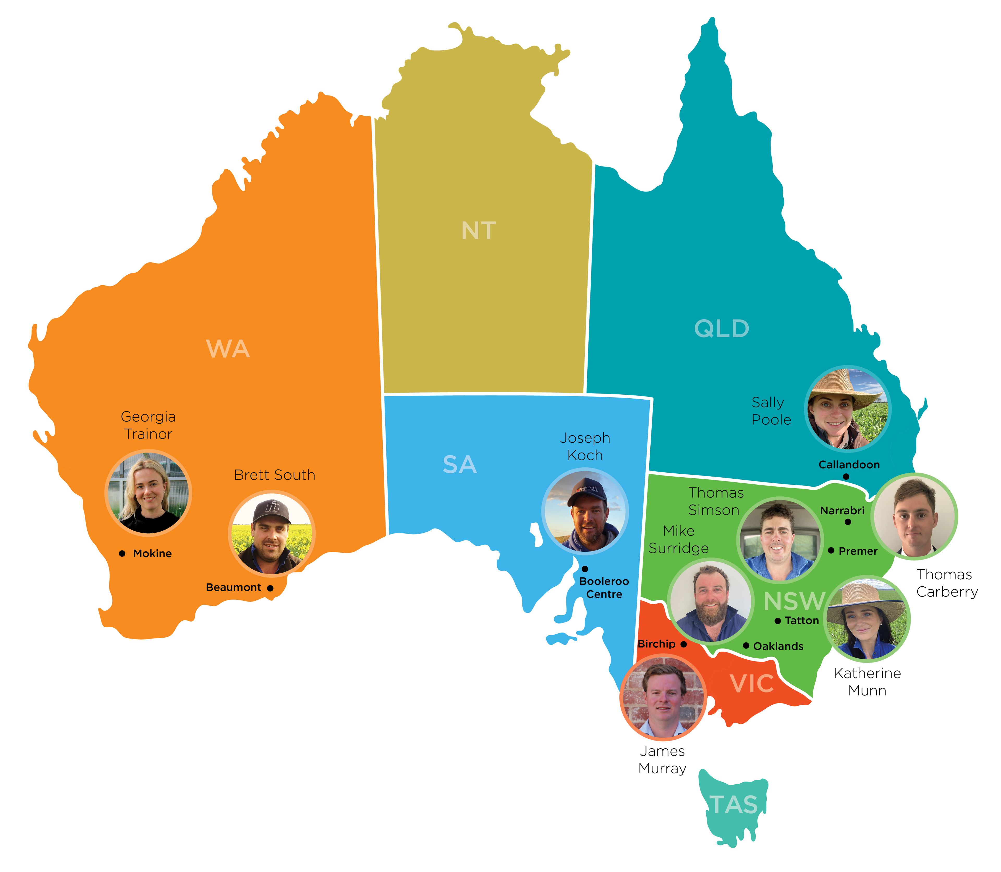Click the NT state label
click(x=479, y=231)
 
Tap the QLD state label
click(x=721, y=329)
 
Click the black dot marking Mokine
click(x=122, y=553)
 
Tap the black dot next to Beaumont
click(x=270, y=588)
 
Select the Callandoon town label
click(x=849, y=465)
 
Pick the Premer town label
click(x=858, y=551)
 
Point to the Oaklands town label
click(x=778, y=646)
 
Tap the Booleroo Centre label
click(x=604, y=588)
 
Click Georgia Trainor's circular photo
click(x=148, y=492)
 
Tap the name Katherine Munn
click(x=867, y=682)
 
